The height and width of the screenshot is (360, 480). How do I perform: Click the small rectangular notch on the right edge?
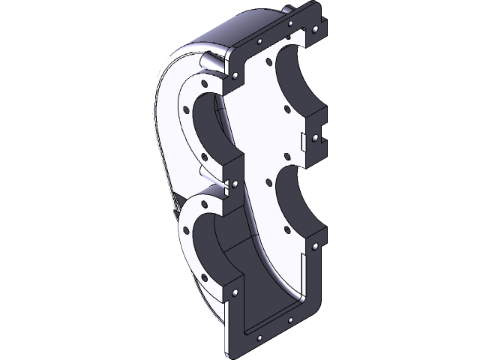tap(304, 140)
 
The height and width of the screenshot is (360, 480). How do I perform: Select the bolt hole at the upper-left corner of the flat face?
tap(238, 75)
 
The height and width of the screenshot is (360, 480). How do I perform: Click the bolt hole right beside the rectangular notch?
tap(316, 138)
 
